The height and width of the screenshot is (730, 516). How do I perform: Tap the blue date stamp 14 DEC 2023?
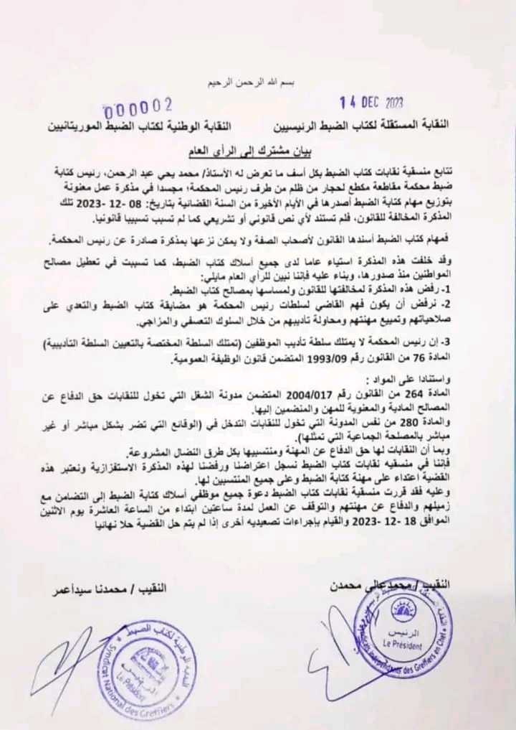[368, 102]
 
